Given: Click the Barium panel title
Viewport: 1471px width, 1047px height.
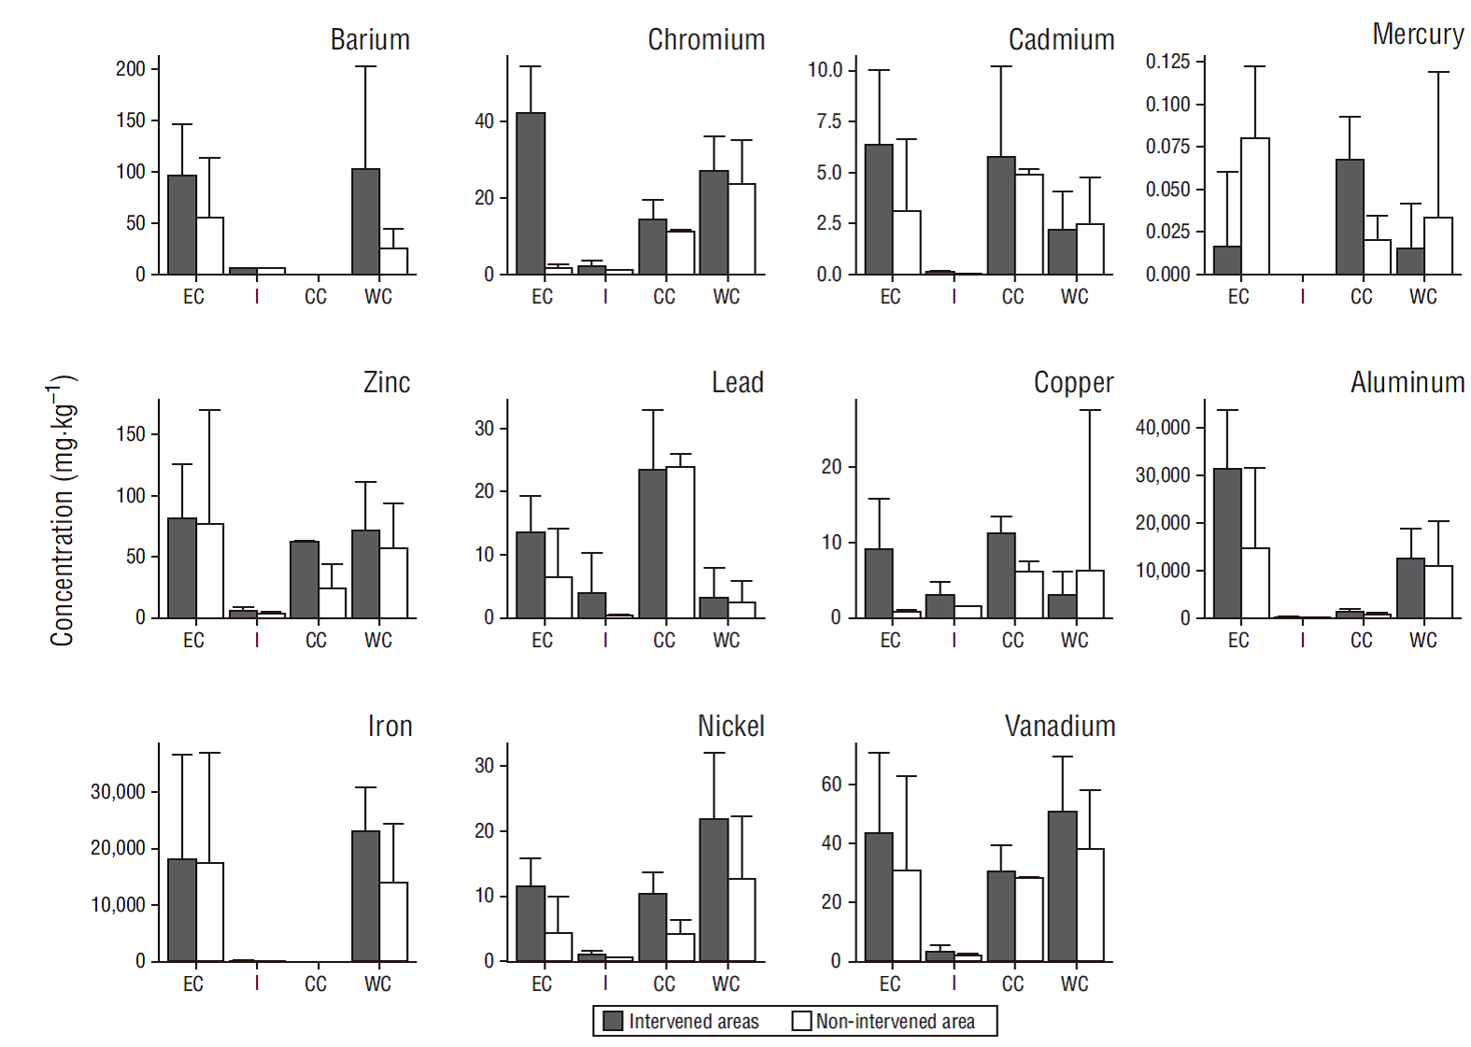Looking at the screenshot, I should coord(370,40).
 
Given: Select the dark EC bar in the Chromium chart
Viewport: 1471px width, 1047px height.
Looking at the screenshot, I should coord(530,193).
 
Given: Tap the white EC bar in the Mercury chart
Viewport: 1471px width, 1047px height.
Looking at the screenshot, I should coord(1254,206).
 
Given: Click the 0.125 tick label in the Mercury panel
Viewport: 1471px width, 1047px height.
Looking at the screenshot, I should coord(1167,62).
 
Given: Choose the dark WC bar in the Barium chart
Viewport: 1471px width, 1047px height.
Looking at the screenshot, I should coord(365,221).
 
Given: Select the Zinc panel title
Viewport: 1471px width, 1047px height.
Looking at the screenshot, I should coord(387,383).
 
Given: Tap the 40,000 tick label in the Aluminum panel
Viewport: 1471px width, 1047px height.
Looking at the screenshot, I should coord(1163,428).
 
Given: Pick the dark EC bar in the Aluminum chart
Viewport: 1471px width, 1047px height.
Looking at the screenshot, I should coord(1227,543).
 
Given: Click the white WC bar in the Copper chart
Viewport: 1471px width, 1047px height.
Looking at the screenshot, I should coord(1089,594).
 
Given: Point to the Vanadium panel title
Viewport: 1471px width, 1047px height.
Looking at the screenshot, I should coord(1059,727).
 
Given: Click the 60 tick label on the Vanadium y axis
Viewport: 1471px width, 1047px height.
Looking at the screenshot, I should coord(831,785).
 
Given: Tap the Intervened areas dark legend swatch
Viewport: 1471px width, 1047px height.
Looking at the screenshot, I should coord(613,1021).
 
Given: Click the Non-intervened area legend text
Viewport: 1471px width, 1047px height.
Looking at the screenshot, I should coord(895,1022).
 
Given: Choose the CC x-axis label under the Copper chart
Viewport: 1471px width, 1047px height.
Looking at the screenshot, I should coord(1012,641).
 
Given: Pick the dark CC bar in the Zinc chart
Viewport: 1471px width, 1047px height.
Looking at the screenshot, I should coord(304,579).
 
